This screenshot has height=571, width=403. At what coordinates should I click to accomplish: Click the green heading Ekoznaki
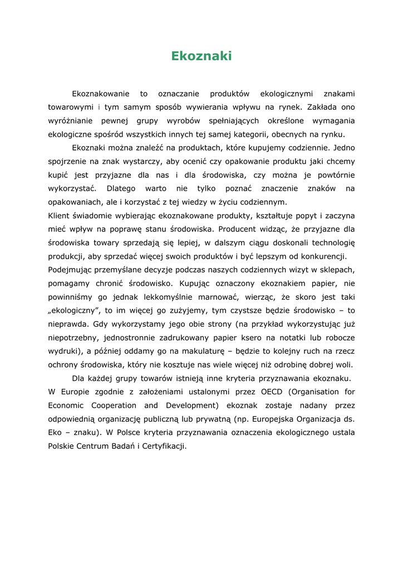pos(201,56)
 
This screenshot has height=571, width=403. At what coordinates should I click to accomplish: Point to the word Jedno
pos(343,148)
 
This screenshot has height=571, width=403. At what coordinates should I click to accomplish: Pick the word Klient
pos(58,215)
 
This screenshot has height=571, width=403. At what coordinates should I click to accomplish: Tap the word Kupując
pos(199,283)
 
